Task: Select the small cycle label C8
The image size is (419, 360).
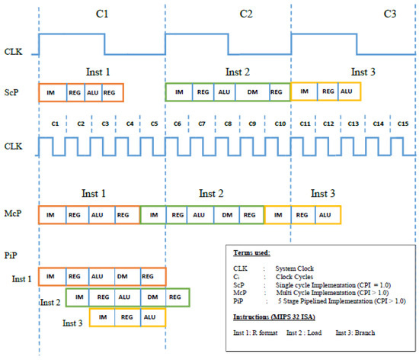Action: point(227,124)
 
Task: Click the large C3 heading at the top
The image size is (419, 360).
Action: point(369,14)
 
